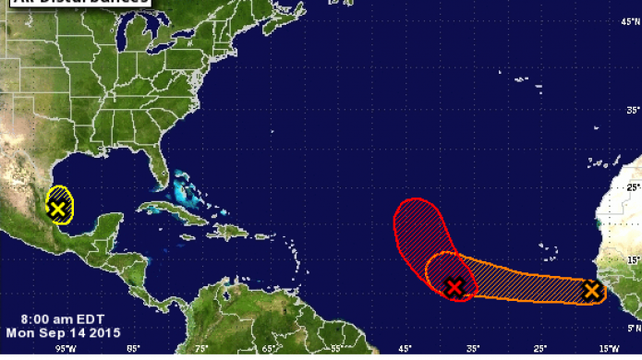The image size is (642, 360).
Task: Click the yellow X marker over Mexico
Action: coord(58,209)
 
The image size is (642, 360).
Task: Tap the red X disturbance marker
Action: coord(454,287)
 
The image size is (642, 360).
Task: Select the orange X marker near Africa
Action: coord(591,291)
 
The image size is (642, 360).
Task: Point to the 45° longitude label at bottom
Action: coord(405,349)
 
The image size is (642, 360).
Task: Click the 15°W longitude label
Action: coord(608,349)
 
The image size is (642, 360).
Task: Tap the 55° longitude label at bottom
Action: coord(337,349)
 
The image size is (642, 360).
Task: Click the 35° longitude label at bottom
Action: coord(473,349)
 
